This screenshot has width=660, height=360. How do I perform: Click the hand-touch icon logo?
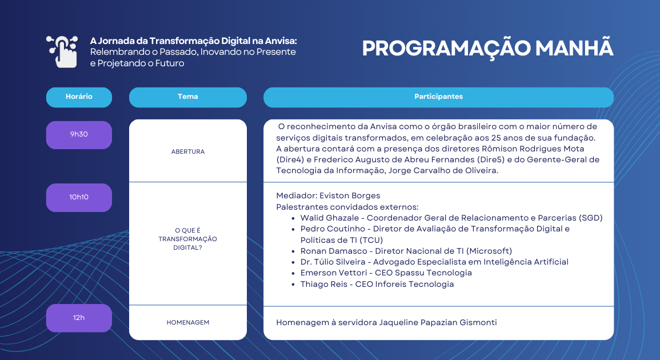(62, 51)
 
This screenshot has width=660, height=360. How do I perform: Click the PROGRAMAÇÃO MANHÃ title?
(487, 49)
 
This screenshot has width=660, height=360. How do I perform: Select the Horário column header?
(79, 97)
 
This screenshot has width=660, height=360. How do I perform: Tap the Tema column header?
(187, 97)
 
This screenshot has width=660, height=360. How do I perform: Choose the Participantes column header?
(438, 97)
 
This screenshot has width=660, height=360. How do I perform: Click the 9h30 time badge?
(79, 135)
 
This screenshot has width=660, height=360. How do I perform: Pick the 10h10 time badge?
(79, 197)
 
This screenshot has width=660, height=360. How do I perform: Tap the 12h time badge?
(79, 318)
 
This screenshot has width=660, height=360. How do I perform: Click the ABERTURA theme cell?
(187, 152)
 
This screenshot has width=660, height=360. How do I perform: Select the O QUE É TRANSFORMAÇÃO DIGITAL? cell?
(187, 239)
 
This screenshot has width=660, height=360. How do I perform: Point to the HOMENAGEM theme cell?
(187, 322)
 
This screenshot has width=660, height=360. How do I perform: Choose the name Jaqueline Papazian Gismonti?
(438, 322)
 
